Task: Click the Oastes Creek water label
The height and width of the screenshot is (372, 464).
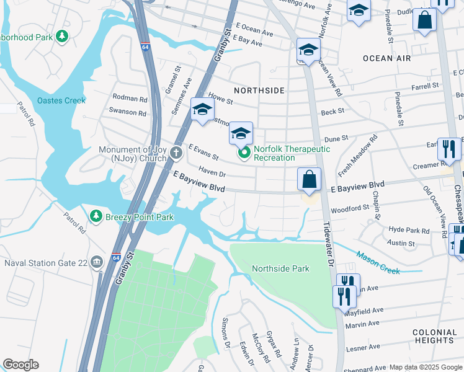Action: pyautogui.click(x=61, y=100)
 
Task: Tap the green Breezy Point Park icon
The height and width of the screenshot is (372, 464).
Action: pyautogui.click(x=96, y=216)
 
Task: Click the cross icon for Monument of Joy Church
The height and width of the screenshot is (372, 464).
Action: pyautogui.click(x=177, y=151)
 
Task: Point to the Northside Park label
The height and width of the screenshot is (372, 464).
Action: pyautogui.click(x=280, y=269)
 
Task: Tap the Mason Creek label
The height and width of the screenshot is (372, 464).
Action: pyautogui.click(x=378, y=262)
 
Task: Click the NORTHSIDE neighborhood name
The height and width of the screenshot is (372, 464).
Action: pyautogui.click(x=259, y=91)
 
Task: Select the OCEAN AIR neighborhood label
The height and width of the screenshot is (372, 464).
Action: pyautogui.click(x=386, y=58)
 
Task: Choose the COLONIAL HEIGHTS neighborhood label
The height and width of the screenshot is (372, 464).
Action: pyautogui.click(x=434, y=337)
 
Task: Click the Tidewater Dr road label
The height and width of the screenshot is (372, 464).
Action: pyautogui.click(x=329, y=245)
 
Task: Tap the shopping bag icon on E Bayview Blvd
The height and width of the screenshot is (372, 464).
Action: pyautogui.click(x=309, y=180)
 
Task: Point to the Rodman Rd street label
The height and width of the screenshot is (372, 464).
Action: pyautogui.click(x=130, y=99)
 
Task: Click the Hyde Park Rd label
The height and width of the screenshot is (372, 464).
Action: pyautogui.click(x=409, y=230)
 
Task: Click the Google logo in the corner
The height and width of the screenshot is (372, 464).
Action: pyautogui.click(x=20, y=365)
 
